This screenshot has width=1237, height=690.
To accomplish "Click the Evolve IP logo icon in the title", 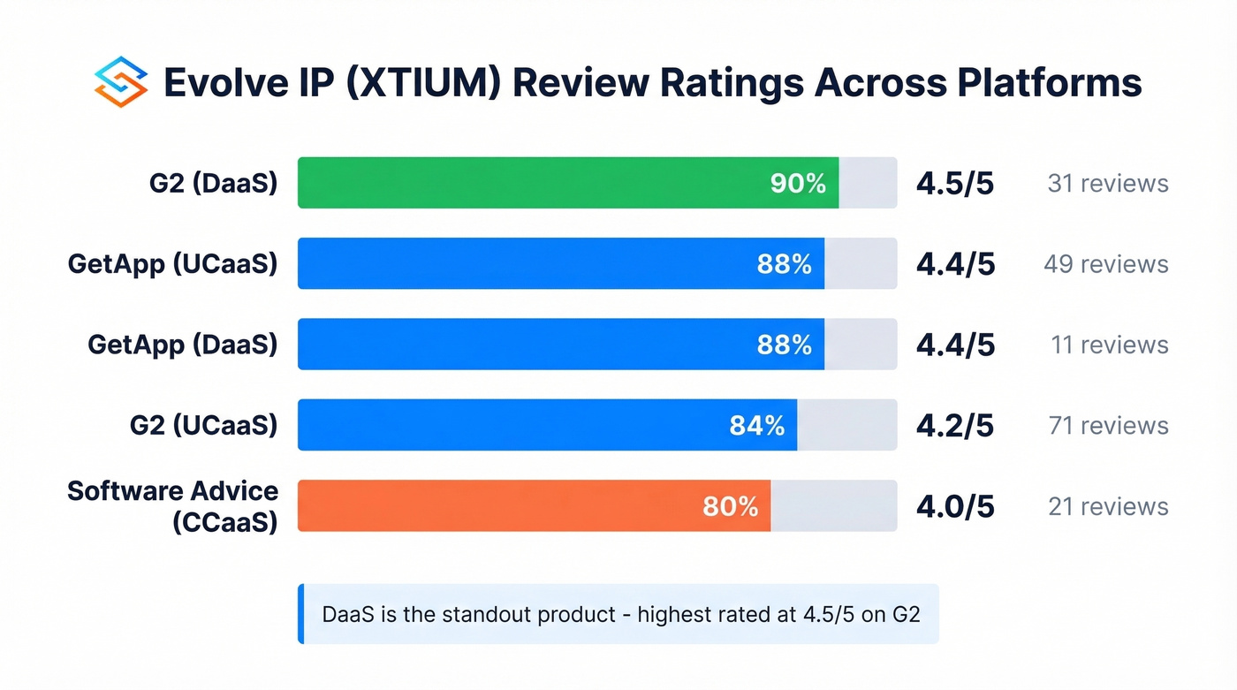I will point(119,82).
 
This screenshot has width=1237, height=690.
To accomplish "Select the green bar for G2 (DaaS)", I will point(530,183).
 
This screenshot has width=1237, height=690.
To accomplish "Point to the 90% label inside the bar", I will point(798,183).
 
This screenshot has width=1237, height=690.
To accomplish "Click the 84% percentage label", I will point(756,426).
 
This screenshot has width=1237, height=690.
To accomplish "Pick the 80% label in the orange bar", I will point(730,506).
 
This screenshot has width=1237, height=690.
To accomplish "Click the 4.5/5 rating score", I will point(955,183).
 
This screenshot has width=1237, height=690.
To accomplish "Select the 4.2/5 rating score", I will point(955,426).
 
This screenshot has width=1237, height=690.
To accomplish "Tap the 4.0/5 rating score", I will point(955,506).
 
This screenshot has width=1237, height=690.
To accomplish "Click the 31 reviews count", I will point(1107,183).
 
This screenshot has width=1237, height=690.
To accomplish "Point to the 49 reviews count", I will point(1105,264).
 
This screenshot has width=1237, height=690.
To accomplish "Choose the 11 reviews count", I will point(1109,345).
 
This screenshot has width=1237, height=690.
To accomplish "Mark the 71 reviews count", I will point(1107,426).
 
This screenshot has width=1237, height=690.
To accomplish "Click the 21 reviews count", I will point(1107,506).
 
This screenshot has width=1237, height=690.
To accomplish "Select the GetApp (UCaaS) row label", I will point(172,264).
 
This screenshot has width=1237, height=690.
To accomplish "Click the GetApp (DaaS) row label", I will point(182,345).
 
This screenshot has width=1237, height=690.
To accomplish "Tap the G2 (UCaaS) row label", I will point(203,426).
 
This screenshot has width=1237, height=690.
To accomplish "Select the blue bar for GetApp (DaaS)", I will point(530,345).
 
